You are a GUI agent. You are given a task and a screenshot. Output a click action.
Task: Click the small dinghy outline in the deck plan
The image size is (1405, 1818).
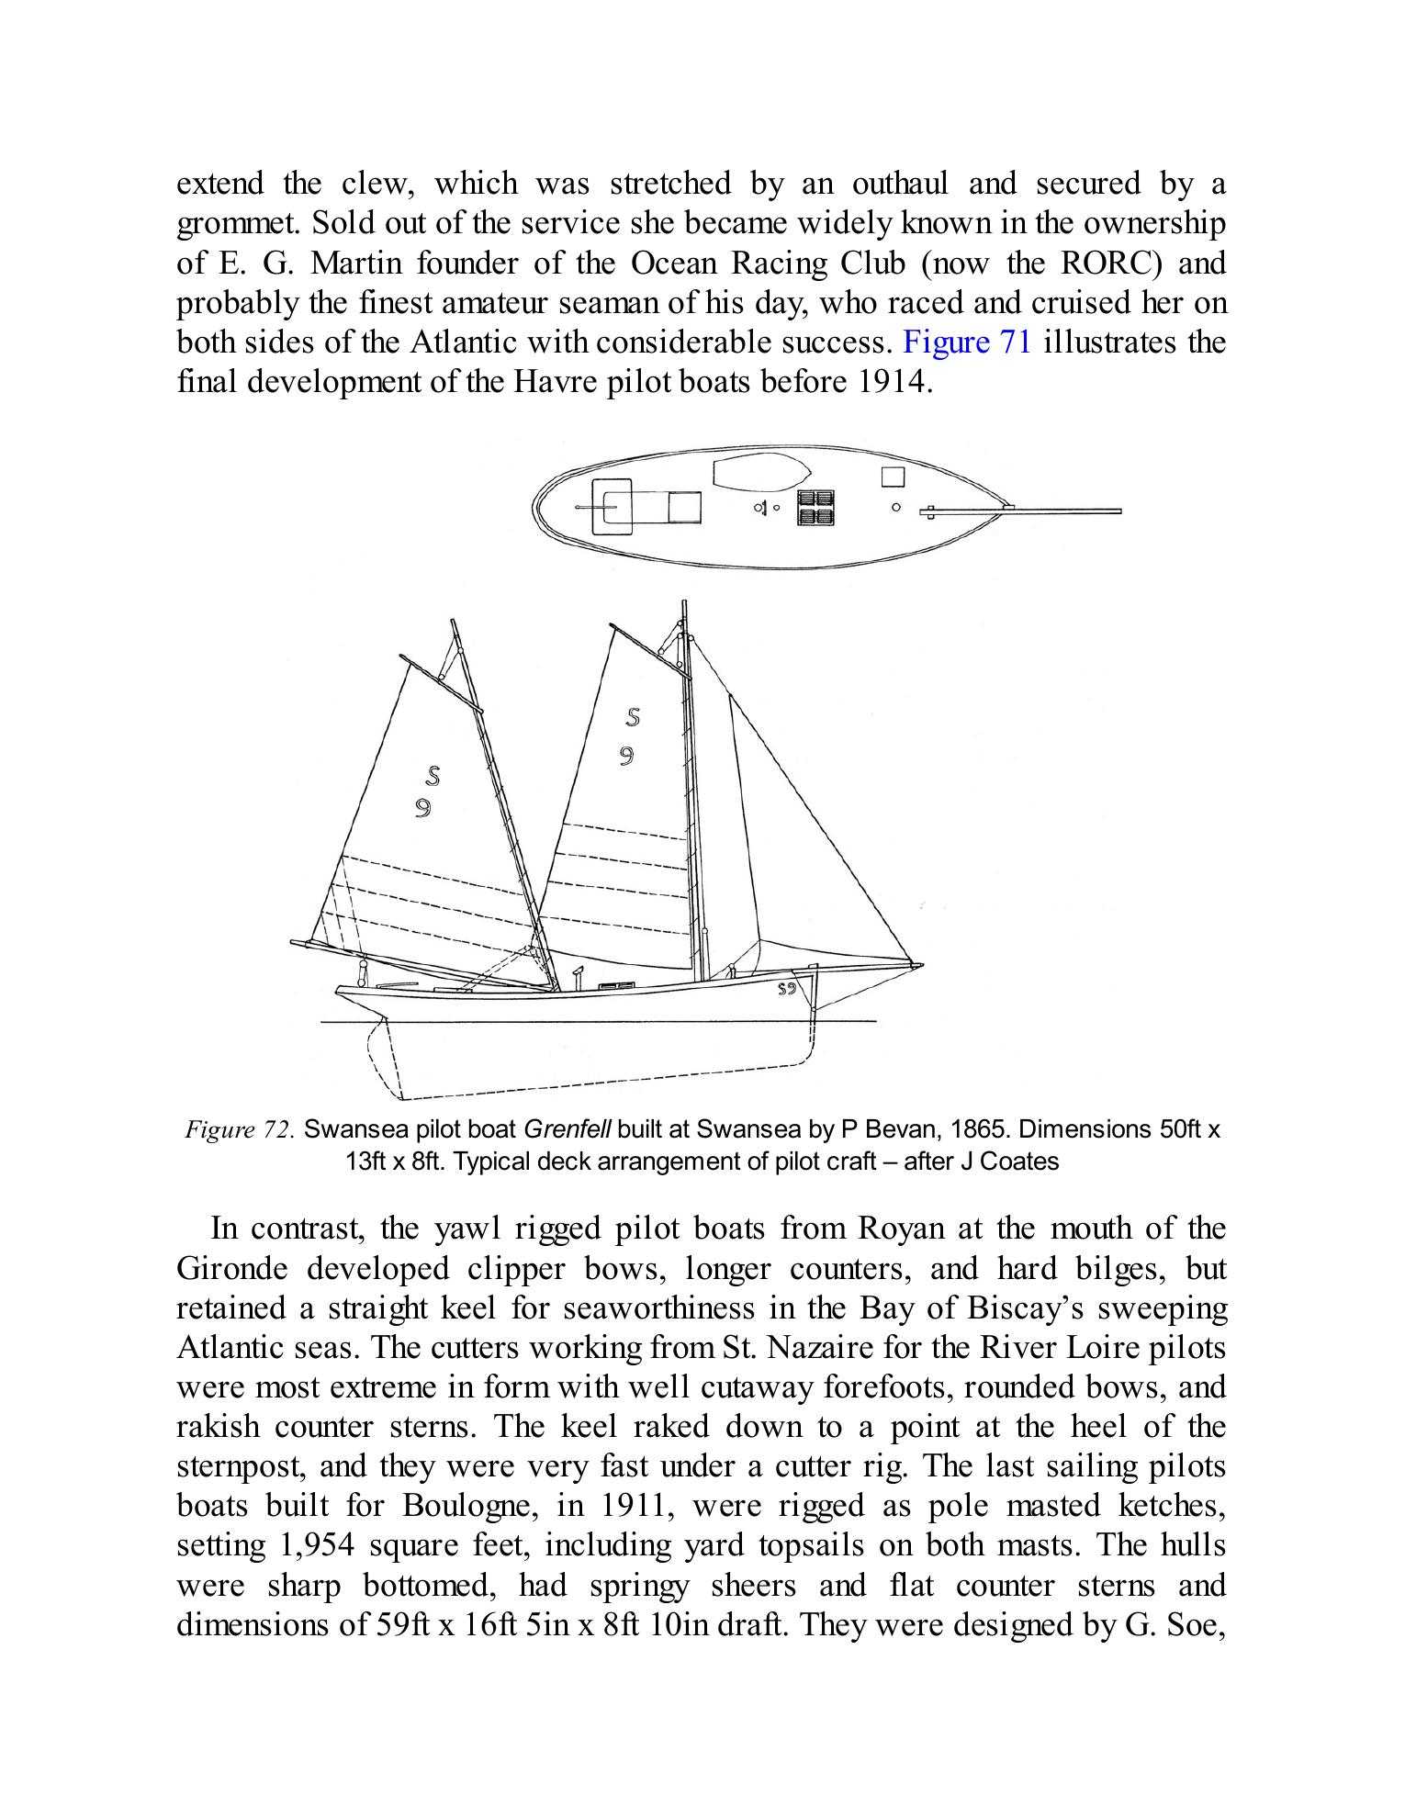pos(761,473)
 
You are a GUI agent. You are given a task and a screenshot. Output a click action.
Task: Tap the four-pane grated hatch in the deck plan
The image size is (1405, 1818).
pos(815,507)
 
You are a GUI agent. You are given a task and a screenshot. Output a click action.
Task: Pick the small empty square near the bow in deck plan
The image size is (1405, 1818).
pos(893,477)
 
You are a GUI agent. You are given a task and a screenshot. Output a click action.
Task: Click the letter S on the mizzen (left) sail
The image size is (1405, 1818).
pos(432,777)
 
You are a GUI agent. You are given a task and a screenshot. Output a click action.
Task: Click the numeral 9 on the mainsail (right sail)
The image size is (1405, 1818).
pos(626,756)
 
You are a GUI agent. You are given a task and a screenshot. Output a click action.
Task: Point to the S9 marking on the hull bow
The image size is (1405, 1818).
pos(786,989)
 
